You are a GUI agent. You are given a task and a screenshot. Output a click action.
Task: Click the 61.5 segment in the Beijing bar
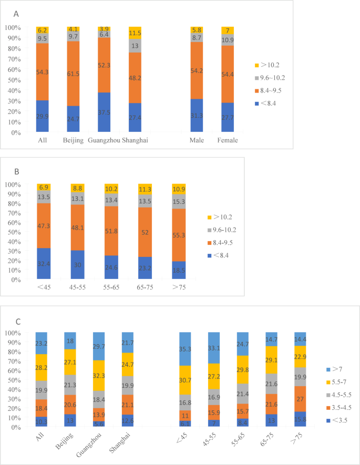pos(74,74)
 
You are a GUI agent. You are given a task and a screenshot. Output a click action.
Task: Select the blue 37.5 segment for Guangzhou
pos(104,112)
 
